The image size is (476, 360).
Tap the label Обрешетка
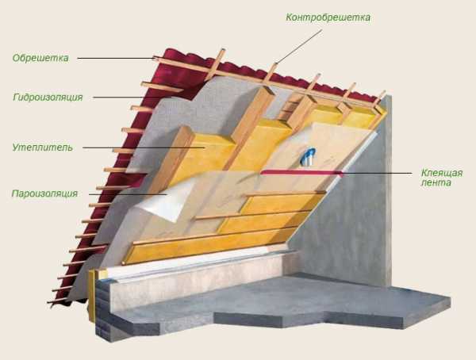41,58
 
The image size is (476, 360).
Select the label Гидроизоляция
48,98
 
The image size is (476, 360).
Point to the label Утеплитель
43,147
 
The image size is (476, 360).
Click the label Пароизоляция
44,193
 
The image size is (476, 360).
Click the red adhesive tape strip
301,172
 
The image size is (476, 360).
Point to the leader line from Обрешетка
119,58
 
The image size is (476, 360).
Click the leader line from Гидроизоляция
131,98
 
